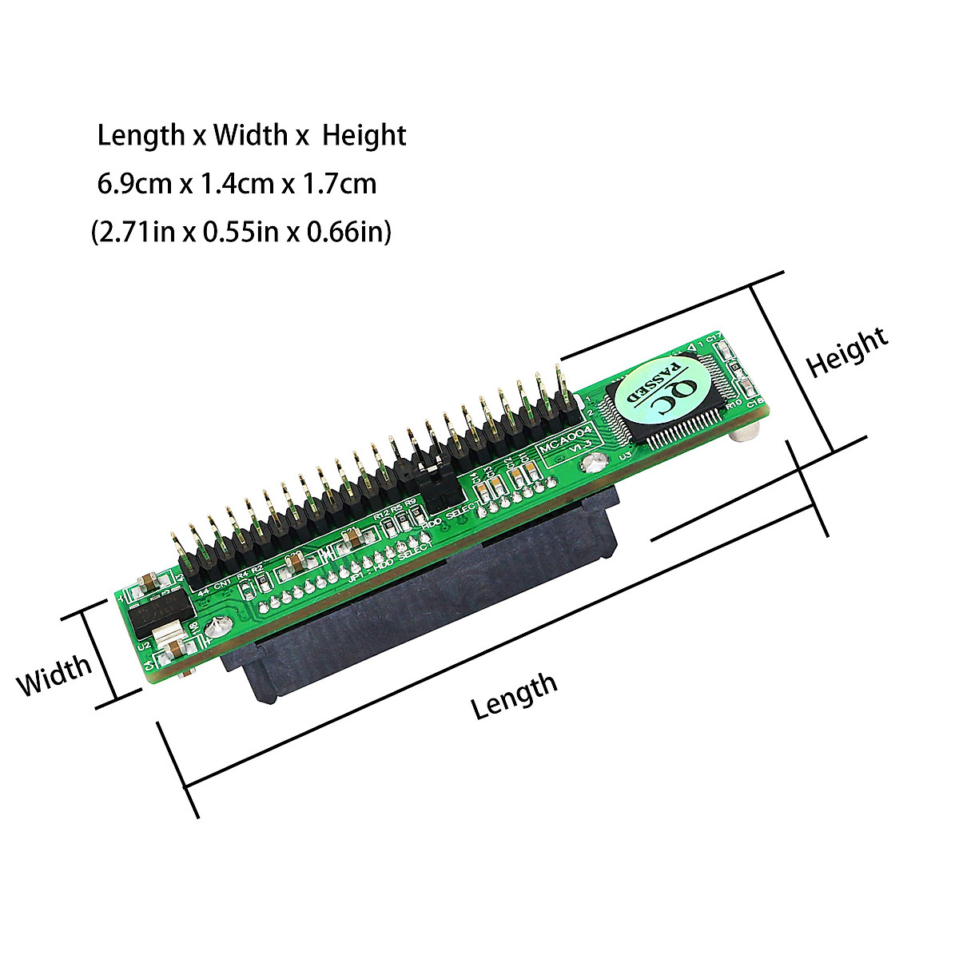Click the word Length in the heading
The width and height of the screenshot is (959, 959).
pos(141,136)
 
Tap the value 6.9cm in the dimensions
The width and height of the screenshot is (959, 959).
pos(134,185)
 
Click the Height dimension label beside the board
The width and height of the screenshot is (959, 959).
pos(846,352)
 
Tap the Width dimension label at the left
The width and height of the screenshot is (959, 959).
pos(54,676)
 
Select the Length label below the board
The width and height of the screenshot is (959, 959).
pos(513,694)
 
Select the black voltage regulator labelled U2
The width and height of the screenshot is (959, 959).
pos(160,612)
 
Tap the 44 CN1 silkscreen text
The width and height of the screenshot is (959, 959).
pos(214,586)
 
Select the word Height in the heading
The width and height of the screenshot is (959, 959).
pos(364,136)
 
